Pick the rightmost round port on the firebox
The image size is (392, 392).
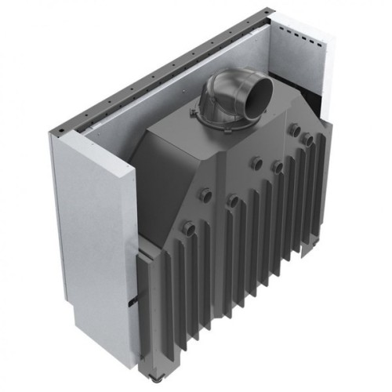[310, 140]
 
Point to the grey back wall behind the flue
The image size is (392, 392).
[180, 94]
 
